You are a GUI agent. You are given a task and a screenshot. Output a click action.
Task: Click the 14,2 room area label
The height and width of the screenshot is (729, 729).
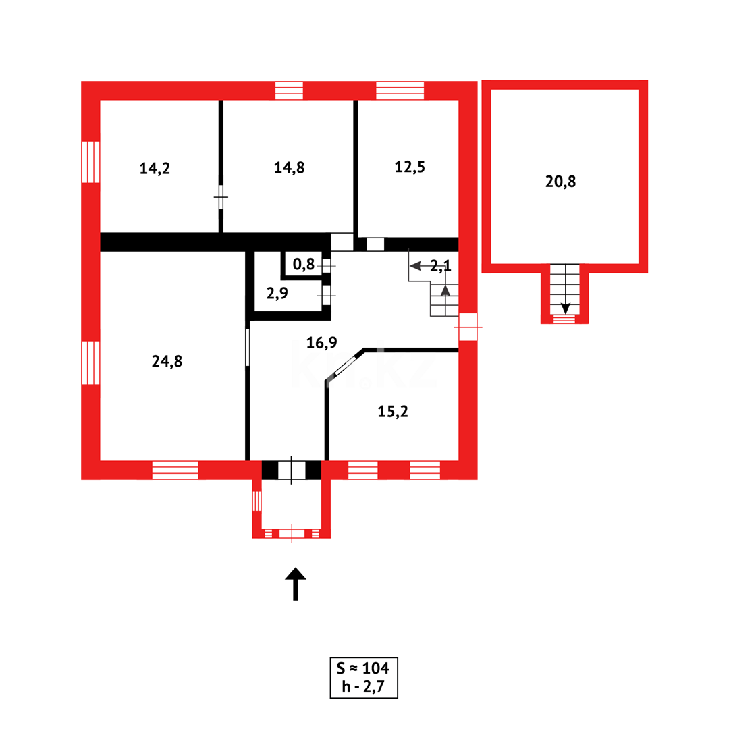155,169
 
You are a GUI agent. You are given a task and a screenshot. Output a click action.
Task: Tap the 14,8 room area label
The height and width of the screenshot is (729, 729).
289,168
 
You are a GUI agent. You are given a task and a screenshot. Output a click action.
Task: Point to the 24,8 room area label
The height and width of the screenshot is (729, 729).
167,361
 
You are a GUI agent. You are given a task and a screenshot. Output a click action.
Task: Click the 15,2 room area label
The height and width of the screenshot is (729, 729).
392,411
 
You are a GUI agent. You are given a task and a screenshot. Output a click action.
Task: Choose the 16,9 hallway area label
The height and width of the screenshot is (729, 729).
321,343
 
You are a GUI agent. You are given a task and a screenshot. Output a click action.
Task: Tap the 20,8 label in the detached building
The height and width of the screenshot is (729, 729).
561,181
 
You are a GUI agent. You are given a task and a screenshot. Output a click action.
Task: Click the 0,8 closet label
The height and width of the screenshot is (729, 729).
304,265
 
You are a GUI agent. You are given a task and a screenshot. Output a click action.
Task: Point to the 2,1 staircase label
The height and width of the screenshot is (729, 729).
441,265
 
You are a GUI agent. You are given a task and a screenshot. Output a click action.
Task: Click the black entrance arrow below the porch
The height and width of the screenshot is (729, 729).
295,583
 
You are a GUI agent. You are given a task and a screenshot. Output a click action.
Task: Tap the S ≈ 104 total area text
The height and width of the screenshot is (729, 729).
364,669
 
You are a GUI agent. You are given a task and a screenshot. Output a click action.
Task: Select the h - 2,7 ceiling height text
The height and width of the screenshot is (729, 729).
364,688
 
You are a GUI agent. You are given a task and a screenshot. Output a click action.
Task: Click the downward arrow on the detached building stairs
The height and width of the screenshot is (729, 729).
565,307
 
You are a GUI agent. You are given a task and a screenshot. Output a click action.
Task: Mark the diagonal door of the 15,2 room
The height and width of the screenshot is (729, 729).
346,365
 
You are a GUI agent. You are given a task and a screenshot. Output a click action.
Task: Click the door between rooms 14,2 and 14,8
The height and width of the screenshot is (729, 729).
221,196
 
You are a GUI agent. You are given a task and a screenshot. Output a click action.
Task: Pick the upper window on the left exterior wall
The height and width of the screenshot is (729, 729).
90,162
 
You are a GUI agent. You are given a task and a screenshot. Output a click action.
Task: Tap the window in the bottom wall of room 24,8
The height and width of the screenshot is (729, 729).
175,470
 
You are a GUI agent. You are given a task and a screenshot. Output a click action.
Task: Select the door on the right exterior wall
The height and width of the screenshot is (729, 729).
468,327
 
